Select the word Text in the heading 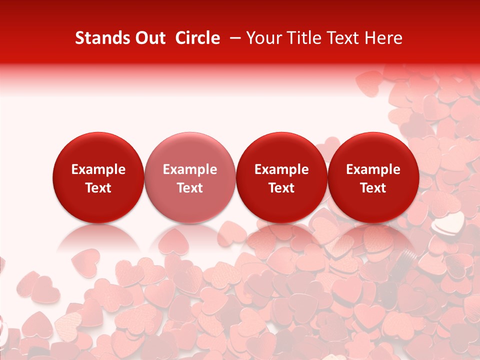[342, 38]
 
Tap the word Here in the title [383, 38]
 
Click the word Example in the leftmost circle [98, 169]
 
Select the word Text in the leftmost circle [98, 188]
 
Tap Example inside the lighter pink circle [190, 169]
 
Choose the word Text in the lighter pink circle [190, 188]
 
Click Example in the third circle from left [281, 169]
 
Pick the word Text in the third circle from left [281, 188]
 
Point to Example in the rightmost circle [373, 169]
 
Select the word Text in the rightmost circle [373, 188]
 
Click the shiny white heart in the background [444, 225]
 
